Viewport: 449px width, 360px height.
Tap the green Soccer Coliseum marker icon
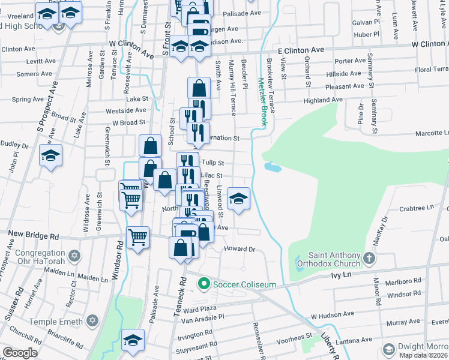pyautogui.click(x=204, y=284)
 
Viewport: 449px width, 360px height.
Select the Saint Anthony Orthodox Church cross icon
pyautogui.click(x=369, y=259)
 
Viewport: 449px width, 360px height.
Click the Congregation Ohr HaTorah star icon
pyautogui.click(x=75, y=256)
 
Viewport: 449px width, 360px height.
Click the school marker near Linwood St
pyautogui.click(x=239, y=199)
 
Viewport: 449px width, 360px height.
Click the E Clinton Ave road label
pyautogui.click(x=301, y=50)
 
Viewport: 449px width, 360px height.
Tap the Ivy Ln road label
pyautogui.click(x=340, y=274)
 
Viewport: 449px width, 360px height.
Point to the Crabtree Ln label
pyautogui.click(x=416, y=208)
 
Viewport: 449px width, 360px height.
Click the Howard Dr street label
pyautogui.click(x=240, y=248)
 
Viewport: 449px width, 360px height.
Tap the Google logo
pyautogui.click(x=20, y=353)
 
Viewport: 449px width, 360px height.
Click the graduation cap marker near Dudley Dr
pyautogui.click(x=51, y=156)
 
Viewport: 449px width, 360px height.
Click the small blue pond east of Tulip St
pyautogui.click(x=272, y=166)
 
